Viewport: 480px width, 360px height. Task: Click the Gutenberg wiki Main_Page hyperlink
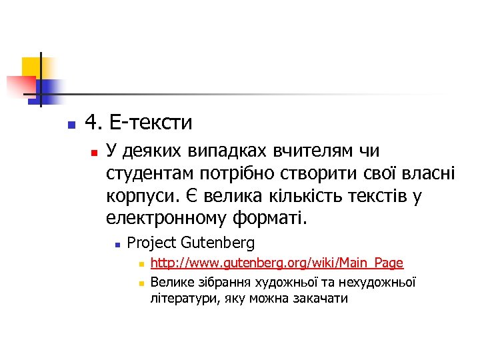point(277,264)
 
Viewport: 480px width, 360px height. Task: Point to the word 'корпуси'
point(136,197)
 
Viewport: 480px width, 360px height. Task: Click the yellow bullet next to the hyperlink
point(141,265)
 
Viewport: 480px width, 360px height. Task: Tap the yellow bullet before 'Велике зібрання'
point(141,282)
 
